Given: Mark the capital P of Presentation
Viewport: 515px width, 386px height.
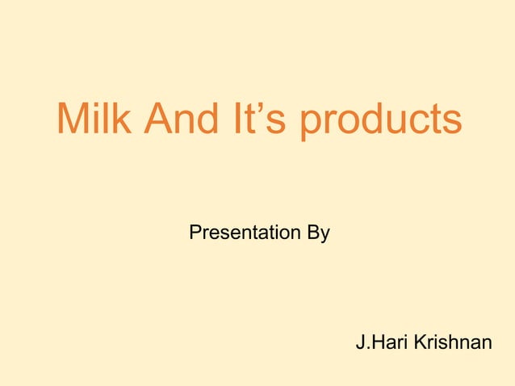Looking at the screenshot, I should coord(195,233).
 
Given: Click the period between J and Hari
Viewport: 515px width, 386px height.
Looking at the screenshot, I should coord(368,349).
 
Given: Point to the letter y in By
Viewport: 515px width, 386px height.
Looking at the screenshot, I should coord(324,237).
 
